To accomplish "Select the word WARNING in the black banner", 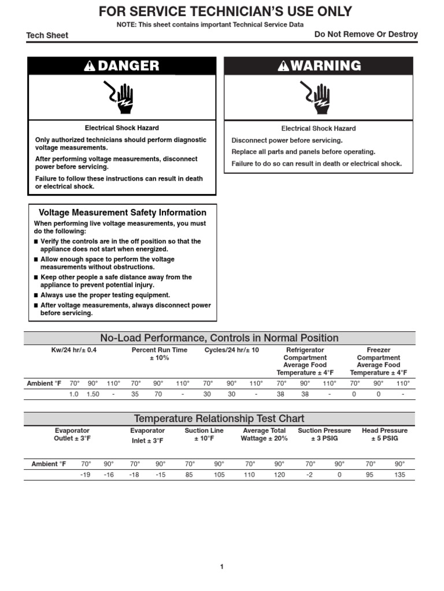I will click(x=326, y=66).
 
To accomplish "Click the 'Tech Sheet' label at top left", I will click(x=47, y=35).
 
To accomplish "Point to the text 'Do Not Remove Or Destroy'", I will click(x=366, y=35).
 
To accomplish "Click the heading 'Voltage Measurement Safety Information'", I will click(x=122, y=212).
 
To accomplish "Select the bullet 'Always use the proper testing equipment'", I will click(x=105, y=295).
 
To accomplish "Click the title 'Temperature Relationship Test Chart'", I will click(x=219, y=418).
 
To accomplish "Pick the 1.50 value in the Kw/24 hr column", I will click(x=93, y=394).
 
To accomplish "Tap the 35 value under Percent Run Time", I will click(x=135, y=394).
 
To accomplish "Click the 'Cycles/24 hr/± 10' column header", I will click(x=232, y=350).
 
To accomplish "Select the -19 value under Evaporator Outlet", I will click(x=86, y=474).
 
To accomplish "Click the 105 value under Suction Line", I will click(x=219, y=474).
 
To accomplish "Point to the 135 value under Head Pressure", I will click(x=399, y=474).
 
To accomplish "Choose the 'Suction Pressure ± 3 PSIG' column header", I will click(x=324, y=434).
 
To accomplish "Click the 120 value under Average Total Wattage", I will click(x=279, y=474).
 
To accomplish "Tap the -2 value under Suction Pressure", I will click(x=310, y=474).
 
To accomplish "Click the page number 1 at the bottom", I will click(x=221, y=567).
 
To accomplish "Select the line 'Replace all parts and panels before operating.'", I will click(x=304, y=152).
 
